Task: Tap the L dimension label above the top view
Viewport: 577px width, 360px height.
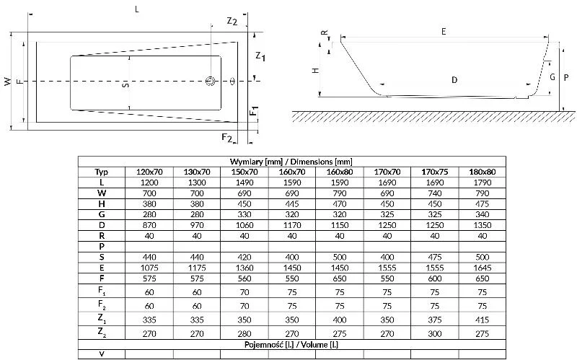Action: pos(137,9)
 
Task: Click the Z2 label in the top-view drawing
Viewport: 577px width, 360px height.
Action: pos(232,21)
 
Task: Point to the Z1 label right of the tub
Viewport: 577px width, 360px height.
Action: pos(261,56)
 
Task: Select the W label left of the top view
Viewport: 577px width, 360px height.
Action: pos(8,82)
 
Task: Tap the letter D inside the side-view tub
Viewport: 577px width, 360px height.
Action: pos(454,80)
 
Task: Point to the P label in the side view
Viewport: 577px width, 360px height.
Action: pos(567,75)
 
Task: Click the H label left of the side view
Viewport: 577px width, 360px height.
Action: pos(314,71)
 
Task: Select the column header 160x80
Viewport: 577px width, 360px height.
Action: pos(340,172)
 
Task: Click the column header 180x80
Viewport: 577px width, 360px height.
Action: pos(483,172)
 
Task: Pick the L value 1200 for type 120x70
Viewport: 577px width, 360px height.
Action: pos(148,183)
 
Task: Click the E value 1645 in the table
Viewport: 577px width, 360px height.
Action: pos(483,267)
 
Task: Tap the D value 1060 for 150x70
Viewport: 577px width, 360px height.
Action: pos(244,225)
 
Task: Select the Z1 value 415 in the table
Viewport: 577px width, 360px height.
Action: pos(483,320)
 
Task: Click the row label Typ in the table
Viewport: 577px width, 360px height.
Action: pos(102,172)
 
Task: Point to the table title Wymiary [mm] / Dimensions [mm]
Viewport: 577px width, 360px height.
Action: pos(292,162)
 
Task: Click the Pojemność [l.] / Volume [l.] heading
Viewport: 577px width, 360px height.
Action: pos(292,345)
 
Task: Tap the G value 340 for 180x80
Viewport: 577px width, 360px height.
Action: pos(483,214)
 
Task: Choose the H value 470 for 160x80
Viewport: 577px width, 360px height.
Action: pos(340,203)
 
